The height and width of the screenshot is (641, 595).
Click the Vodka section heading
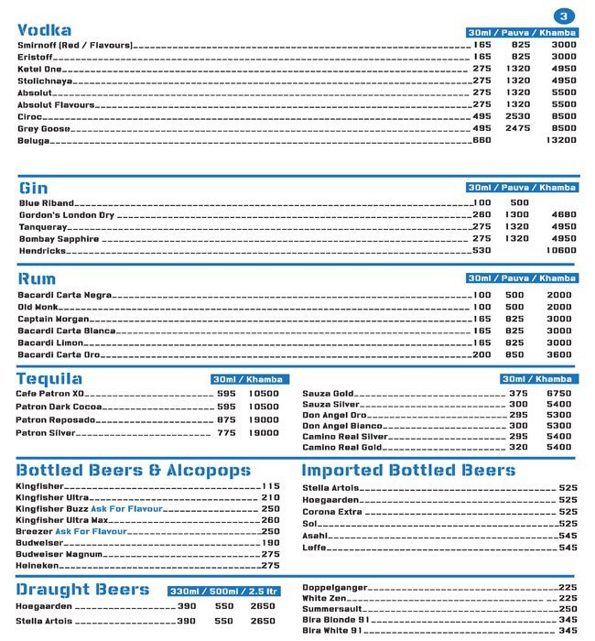tap(45, 29)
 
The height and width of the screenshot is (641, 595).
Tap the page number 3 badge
tap(564, 16)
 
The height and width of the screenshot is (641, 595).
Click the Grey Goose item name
tap(43, 129)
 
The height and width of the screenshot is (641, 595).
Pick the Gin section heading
tap(33, 189)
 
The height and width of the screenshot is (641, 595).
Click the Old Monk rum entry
tap(38, 308)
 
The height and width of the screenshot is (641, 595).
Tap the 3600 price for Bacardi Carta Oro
tap(558, 355)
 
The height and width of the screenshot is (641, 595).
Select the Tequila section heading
tap(49, 379)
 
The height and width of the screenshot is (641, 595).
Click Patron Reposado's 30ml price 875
tap(226, 420)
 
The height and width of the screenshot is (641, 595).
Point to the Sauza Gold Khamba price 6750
tap(558, 394)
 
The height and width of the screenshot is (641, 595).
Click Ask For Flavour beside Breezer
tap(91, 531)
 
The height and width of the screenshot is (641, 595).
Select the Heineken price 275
tap(270, 567)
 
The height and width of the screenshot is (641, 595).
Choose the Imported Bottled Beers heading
tap(408, 471)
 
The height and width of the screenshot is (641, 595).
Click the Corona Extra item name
tap(332, 512)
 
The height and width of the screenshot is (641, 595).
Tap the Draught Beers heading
tap(82, 589)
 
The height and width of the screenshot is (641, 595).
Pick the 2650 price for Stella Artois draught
tap(263, 622)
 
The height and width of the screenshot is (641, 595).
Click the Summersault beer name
tap(331, 608)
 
